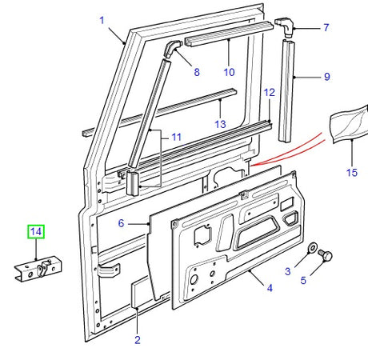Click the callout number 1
(101, 18)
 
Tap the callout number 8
(197, 72)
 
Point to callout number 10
(229, 72)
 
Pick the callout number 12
(270, 93)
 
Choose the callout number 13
(220, 123)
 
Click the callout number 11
(177, 138)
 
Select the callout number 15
(351, 172)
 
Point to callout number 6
(121, 224)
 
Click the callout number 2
(137, 340)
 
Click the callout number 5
(303, 281)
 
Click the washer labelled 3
(314, 247)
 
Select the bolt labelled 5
(326, 256)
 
